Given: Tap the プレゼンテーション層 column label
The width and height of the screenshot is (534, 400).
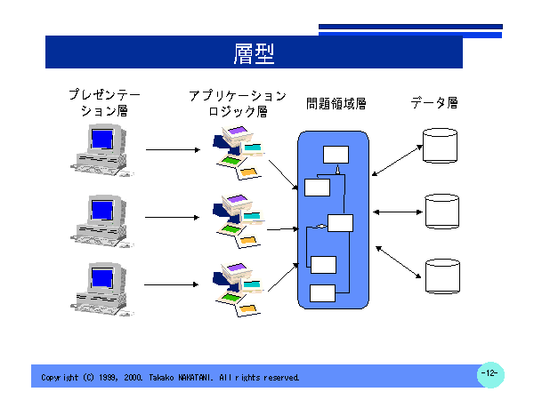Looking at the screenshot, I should (105, 102).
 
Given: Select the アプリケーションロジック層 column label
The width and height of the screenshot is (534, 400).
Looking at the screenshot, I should (238, 102).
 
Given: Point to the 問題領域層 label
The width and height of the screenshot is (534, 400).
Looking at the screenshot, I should (336, 103).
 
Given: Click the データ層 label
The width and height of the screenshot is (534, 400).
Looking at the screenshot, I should (434, 103).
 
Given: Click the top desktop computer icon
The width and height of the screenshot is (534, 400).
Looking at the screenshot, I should (101, 148).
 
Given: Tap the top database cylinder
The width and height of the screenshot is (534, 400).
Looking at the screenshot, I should (440, 146).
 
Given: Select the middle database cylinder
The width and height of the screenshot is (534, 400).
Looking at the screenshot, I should (441, 211).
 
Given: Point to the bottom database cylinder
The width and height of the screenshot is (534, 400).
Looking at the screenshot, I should (441, 276).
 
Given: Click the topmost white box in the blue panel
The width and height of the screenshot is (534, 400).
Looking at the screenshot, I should (336, 154).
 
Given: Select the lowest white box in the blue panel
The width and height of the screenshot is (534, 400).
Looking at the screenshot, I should (322, 293).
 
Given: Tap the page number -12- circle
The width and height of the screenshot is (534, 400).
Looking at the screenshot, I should (490, 373).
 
